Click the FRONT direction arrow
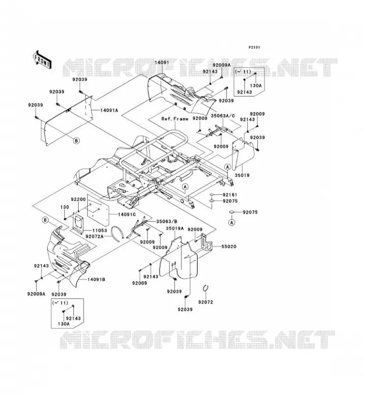pyautogui.click(x=42, y=59)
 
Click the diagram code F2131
pyautogui.click(x=254, y=47)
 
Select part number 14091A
pyautogui.click(x=109, y=110)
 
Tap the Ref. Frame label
pyautogui.click(x=175, y=119)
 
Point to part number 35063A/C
pyautogui.click(x=223, y=116)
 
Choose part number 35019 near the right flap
pyautogui.click(x=242, y=175)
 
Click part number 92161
pyautogui.click(x=230, y=195)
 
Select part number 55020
pyautogui.click(x=229, y=247)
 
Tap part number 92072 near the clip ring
pyautogui.click(x=206, y=302)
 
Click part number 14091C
pyautogui.click(x=127, y=214)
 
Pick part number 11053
pyautogui.click(x=99, y=230)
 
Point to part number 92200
pyautogui.click(x=78, y=199)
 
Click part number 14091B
pyautogui.click(x=96, y=279)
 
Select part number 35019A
pyautogui.click(x=175, y=228)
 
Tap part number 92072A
pyautogui.click(x=94, y=236)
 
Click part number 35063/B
pyautogui.click(x=167, y=221)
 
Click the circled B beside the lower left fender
pyautogui.click(x=45, y=220)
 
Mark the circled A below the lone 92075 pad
pyautogui.click(x=232, y=223)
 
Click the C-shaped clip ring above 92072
pyautogui.click(x=205, y=288)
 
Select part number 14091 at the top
pyautogui.click(x=162, y=63)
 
